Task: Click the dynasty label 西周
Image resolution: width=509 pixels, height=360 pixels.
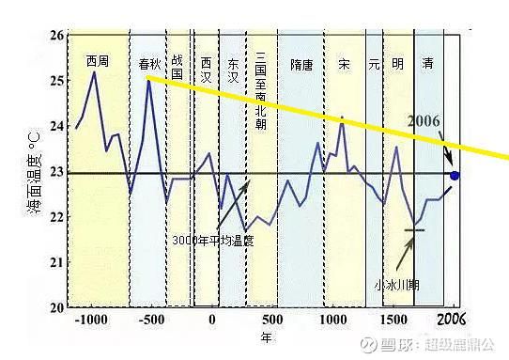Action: click(97, 62)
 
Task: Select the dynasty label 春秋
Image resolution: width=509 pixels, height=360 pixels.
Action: click(150, 65)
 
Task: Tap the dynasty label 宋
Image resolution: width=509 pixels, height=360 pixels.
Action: click(344, 65)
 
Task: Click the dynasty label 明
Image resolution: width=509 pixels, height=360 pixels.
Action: click(398, 65)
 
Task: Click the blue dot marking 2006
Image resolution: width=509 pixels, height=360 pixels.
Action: click(455, 175)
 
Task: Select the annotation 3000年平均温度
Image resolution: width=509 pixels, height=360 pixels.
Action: click(213, 241)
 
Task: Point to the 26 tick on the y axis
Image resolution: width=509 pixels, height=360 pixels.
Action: click(55, 36)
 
